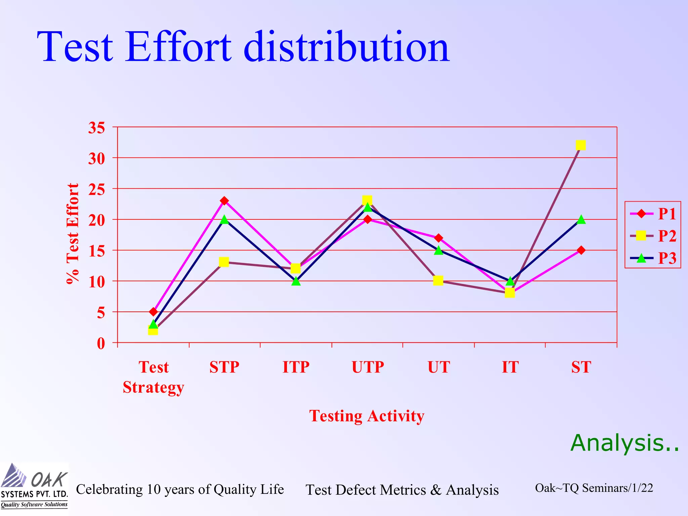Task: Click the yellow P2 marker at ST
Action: click(580, 145)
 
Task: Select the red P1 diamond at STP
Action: click(224, 201)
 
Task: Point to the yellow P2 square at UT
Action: click(438, 281)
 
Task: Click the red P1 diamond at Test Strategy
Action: click(153, 312)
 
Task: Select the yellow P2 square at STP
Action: click(224, 262)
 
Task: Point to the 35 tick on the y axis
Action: click(96, 128)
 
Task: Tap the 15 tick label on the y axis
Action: click(96, 251)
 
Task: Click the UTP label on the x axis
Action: click(368, 367)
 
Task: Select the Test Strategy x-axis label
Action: click(153, 377)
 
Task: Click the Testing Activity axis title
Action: click(367, 416)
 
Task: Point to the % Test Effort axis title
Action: click(73, 234)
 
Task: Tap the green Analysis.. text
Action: click(625, 443)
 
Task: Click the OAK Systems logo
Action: click(34, 485)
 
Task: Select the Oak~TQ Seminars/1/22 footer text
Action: click(594, 488)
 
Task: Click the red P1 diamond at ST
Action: click(581, 250)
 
